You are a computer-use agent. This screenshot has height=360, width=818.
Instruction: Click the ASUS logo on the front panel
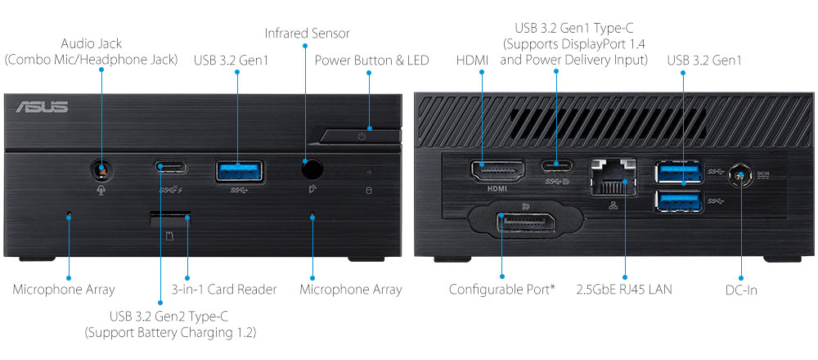pos(41,107)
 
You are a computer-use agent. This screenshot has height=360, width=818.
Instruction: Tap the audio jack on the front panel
pos(101,170)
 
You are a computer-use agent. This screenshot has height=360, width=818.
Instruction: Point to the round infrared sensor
pos(311,169)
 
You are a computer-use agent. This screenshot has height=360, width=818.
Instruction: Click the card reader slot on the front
pos(170,218)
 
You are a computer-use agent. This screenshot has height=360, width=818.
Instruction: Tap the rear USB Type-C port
pos(557,164)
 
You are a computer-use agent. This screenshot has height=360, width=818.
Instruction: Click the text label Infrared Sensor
pos(307,34)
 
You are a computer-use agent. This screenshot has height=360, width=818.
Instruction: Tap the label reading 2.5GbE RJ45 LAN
pos(624,290)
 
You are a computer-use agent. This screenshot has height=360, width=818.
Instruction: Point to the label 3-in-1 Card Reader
pos(224,290)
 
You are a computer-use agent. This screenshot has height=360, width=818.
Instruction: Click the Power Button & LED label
pos(371,60)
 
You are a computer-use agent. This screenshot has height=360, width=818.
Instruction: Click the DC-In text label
pos(742,290)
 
